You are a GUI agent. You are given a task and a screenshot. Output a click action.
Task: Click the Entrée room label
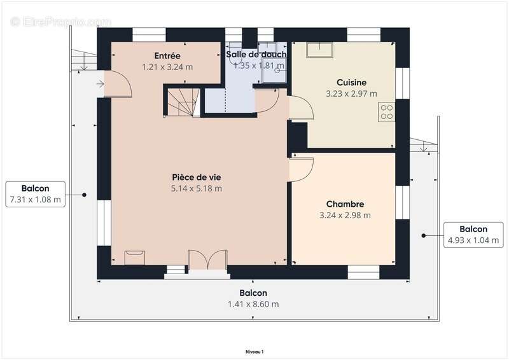click(167, 56)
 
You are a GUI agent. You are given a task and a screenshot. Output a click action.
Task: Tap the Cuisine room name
click(351, 82)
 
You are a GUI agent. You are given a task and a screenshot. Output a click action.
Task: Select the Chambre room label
click(345, 204)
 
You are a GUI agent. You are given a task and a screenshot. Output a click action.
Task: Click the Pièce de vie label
click(196, 177)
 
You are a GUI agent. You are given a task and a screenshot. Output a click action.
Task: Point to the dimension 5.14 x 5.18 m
click(196, 188)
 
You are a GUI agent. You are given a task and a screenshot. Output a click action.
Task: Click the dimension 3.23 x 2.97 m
click(351, 93)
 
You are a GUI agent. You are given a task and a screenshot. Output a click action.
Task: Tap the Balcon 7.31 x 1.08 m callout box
click(35, 194)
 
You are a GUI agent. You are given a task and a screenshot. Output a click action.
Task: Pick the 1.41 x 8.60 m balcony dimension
click(253, 304)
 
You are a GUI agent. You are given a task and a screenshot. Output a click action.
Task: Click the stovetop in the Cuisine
click(386, 113)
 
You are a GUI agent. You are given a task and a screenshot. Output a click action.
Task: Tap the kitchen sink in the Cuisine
click(316, 50)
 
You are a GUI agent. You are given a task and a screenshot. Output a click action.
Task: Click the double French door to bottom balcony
click(207, 261)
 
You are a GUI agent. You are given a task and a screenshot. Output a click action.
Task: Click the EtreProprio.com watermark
click(60, 22)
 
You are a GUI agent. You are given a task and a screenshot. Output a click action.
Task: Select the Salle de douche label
click(256, 55)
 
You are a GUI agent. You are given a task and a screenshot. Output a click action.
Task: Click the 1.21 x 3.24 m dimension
click(167, 66)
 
